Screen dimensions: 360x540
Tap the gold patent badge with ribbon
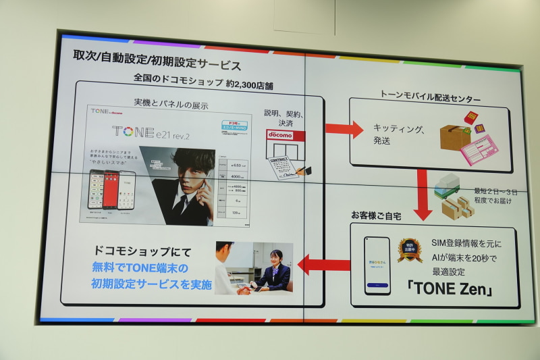tap(409, 249)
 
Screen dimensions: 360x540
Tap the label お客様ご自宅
tap(375, 215)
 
